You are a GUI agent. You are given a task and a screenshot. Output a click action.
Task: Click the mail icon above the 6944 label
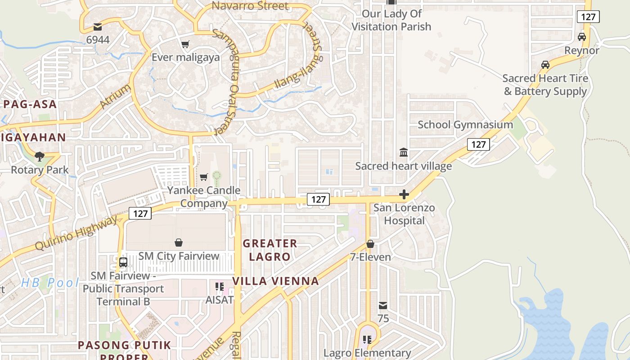tap(97, 27)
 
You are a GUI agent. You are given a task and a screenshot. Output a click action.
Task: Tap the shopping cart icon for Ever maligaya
tap(185, 44)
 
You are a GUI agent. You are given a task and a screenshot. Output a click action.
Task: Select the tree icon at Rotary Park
tap(40, 157)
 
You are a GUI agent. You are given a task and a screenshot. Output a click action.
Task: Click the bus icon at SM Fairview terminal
tap(123, 262)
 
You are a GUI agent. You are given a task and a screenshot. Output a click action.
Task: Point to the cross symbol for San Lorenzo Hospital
tap(404, 194)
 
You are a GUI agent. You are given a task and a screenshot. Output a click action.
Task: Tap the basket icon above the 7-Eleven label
tap(370, 244)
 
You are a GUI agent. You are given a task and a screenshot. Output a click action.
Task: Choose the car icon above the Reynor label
tap(582, 37)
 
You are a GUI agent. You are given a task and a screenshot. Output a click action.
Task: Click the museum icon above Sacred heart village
tap(404, 153)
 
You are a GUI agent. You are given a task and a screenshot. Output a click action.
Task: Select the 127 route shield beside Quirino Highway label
tap(140, 213)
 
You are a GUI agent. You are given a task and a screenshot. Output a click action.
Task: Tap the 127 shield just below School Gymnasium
tap(478, 144)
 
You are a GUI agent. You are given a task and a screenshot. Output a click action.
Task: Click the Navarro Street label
tap(250, 6)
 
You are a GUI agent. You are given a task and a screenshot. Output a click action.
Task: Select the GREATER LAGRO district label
tap(270, 250)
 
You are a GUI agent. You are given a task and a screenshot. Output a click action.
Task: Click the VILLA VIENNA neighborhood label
tap(275, 281)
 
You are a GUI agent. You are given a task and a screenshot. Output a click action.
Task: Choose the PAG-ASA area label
tap(30, 104)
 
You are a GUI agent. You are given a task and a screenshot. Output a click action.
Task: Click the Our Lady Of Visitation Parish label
tap(391, 20)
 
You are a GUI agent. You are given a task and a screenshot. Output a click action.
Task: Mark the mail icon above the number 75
tap(382, 306)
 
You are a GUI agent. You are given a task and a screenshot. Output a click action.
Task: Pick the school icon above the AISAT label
tap(220, 286)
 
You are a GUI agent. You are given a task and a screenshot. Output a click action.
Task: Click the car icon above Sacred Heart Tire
tap(545, 65)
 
